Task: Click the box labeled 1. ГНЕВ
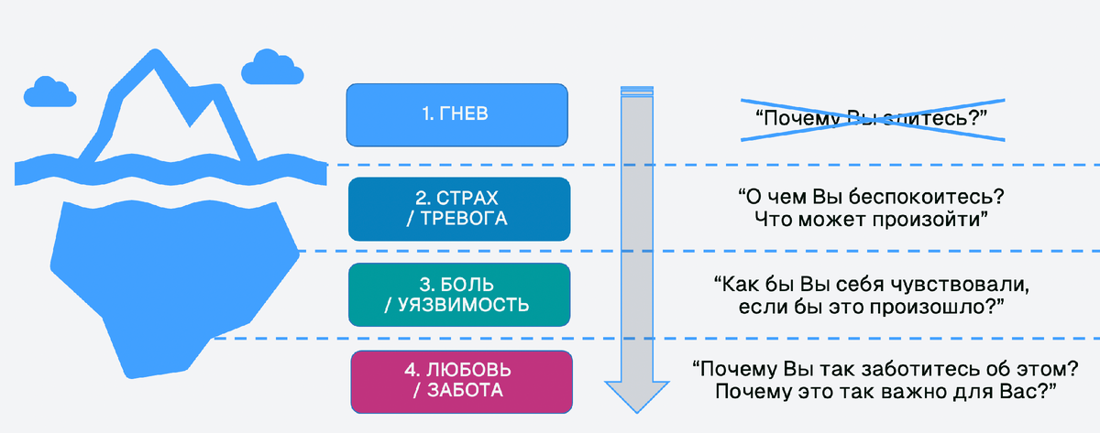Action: pyautogui.click(x=456, y=114)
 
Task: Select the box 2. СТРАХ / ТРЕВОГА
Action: pyautogui.click(x=459, y=209)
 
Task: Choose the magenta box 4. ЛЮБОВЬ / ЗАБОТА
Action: pyautogui.click(x=463, y=381)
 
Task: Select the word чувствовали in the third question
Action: pyautogui.click(x=962, y=285)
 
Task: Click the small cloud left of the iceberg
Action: pyautogui.click(x=51, y=91)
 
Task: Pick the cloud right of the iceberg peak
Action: pyautogui.click(x=273, y=70)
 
